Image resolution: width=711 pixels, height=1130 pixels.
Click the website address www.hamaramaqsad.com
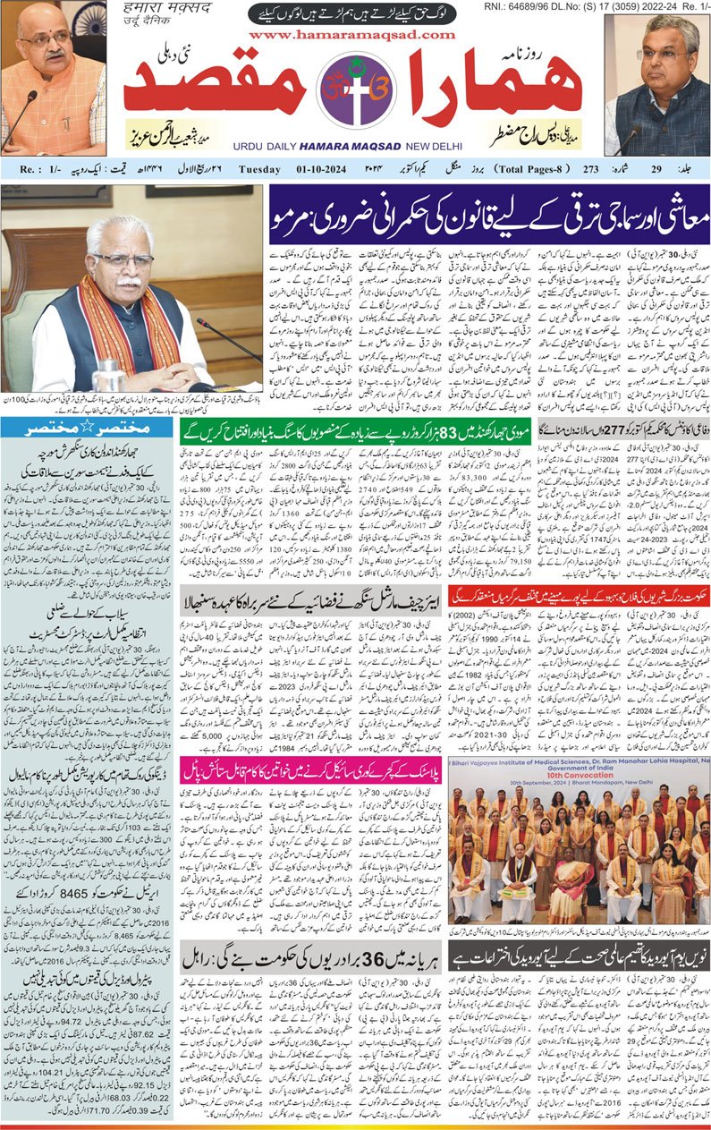[355, 35]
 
